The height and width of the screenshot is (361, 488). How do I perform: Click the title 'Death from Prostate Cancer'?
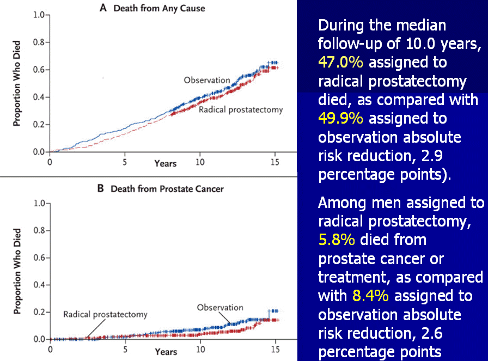click(167, 189)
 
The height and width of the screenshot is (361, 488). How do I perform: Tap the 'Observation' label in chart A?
click(207, 80)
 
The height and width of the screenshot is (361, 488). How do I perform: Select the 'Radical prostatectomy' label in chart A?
click(241, 110)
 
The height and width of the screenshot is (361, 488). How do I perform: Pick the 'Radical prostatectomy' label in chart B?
click(105, 315)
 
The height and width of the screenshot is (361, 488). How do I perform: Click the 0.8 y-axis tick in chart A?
click(38, 42)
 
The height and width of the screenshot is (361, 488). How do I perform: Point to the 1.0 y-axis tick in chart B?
click(38, 204)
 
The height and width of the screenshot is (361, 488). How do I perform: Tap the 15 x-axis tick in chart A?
click(275, 162)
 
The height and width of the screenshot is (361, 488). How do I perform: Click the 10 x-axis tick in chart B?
click(200, 350)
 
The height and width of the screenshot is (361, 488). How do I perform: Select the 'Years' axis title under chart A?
click(165, 163)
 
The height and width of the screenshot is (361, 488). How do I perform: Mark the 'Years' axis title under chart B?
click(165, 352)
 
